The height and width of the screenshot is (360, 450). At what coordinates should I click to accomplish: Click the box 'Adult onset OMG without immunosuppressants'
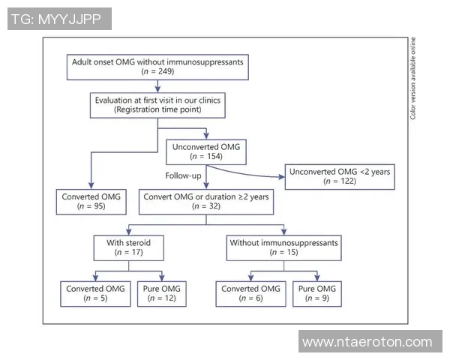[x=157, y=66]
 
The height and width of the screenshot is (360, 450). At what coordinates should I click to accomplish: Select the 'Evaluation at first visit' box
[x=157, y=104]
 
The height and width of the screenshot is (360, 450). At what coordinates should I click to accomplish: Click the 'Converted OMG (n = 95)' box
[x=90, y=201]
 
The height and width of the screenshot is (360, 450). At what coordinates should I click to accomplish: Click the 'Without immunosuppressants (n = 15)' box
[x=283, y=247]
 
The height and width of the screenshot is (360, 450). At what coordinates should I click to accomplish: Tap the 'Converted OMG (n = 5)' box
[x=91, y=294]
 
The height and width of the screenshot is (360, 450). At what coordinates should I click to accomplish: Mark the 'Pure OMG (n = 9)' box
[x=319, y=294]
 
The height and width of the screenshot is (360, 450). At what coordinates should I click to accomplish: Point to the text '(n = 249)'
[x=157, y=71]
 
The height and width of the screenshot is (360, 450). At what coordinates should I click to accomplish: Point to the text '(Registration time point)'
[x=157, y=109]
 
